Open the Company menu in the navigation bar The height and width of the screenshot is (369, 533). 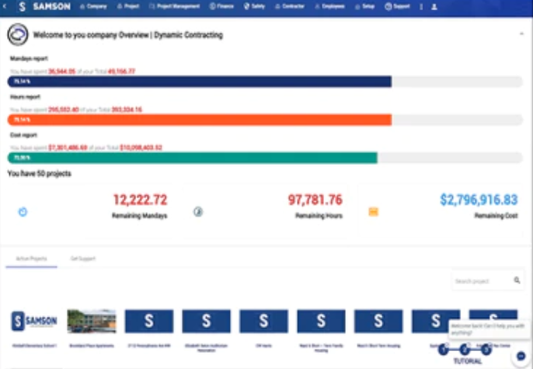tap(93, 6)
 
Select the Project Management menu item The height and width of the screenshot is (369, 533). tap(178, 6)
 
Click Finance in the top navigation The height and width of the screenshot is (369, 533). tap(222, 6)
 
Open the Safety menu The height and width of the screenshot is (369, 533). tap(255, 6)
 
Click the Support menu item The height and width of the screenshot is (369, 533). tap(398, 6)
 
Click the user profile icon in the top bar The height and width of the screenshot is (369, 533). tap(434, 6)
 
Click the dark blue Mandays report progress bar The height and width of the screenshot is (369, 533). tap(199, 82)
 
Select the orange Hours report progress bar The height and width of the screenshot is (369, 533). tap(199, 120)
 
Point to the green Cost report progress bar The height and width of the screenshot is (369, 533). tap(192, 158)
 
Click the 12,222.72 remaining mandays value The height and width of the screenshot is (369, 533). tap(140, 200)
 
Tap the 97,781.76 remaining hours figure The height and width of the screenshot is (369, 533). tap(315, 200)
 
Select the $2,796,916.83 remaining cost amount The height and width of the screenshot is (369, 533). tap(479, 200)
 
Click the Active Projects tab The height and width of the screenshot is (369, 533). tap(31, 258)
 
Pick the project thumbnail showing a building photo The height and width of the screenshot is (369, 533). tap(92, 322)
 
